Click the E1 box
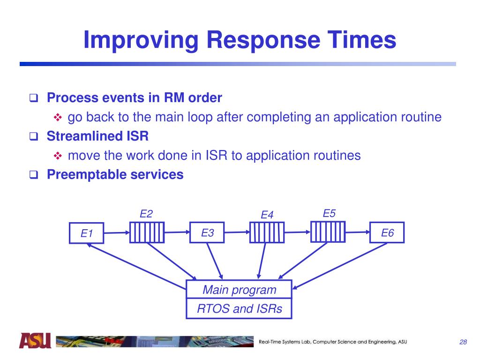click(87, 233)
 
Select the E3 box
click(207, 232)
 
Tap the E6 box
click(387, 232)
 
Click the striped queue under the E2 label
click(147, 232)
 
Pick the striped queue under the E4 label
click(267, 232)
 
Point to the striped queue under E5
click(328, 232)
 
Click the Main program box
click(239, 290)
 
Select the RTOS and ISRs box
click(239, 309)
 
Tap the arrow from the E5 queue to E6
click(357, 231)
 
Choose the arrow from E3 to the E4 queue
click(236, 232)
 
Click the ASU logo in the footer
click(35, 341)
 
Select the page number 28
click(463, 342)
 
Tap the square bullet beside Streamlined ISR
click(33, 137)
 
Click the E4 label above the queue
click(267, 215)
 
